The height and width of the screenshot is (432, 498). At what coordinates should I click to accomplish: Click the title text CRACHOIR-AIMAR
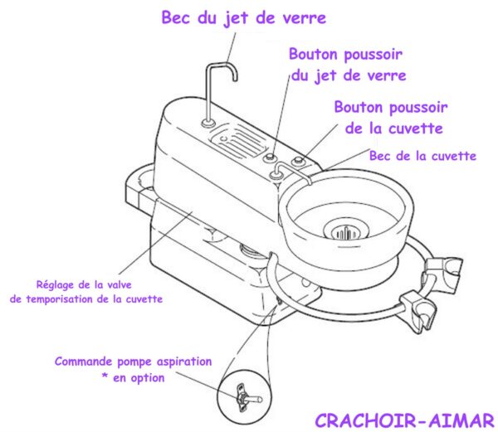coord(404,420)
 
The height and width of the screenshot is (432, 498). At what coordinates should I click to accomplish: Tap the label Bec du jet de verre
coord(243,17)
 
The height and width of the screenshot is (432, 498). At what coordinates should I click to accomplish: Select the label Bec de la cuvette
coord(422,156)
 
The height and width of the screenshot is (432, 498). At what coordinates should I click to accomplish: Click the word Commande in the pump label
coord(83,362)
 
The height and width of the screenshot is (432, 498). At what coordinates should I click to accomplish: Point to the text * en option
coord(133,377)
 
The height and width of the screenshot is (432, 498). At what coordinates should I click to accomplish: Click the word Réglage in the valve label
coord(56,285)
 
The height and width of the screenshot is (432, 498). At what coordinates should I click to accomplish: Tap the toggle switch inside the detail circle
coord(247,398)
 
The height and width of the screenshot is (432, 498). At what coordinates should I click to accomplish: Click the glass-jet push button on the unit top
coord(270,158)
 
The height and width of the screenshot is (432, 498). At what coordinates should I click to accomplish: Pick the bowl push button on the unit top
coord(298,161)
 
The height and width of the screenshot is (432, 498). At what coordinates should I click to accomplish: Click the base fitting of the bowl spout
coord(276,174)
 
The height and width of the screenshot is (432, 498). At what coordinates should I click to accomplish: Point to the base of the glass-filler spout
coord(208,123)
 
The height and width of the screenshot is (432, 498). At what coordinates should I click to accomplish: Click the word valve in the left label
coord(119,285)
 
